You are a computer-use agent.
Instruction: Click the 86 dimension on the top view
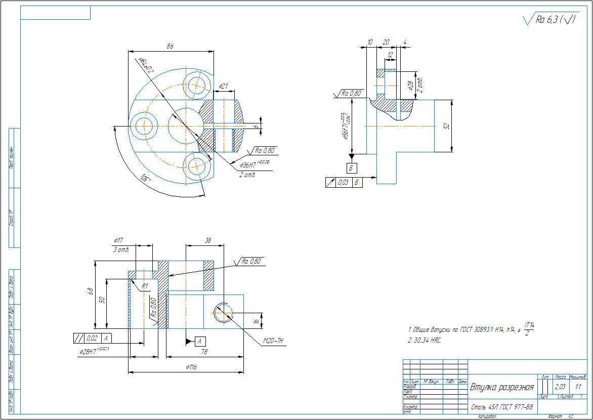click(x=170, y=46)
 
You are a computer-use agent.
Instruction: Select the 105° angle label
click(x=146, y=178)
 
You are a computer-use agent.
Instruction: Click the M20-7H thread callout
click(x=274, y=341)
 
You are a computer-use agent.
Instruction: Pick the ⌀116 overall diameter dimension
click(x=190, y=367)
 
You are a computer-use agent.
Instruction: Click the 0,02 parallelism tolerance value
click(x=92, y=338)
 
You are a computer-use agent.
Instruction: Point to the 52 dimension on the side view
click(x=447, y=125)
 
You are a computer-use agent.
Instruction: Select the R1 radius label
click(x=144, y=286)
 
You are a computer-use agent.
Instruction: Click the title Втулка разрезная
click(x=502, y=388)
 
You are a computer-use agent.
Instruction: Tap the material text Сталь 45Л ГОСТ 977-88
click(x=502, y=407)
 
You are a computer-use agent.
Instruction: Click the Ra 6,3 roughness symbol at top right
click(x=549, y=20)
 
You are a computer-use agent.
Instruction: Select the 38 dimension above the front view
click(x=207, y=241)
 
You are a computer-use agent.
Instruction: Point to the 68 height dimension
click(x=91, y=292)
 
